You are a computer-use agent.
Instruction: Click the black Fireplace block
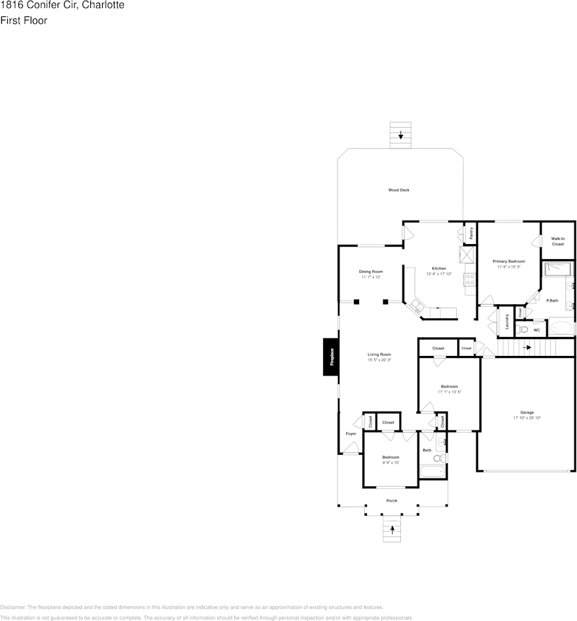[x=331, y=357]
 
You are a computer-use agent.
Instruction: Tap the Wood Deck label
[x=398, y=190]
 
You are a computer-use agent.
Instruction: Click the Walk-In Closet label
[x=557, y=241]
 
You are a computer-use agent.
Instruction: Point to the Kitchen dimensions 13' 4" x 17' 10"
[x=439, y=275]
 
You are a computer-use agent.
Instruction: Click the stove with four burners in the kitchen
[x=470, y=280]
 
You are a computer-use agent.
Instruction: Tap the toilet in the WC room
[x=523, y=330]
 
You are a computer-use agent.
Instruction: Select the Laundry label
[x=507, y=322]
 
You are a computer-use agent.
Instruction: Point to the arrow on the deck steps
[x=400, y=137]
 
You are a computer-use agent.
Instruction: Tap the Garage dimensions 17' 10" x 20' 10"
[x=527, y=417]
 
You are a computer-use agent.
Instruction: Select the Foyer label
[x=351, y=434]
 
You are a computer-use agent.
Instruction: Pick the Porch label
[x=392, y=501]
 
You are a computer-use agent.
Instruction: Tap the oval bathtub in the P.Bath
[x=561, y=328]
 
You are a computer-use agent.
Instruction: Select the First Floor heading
[x=24, y=20]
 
